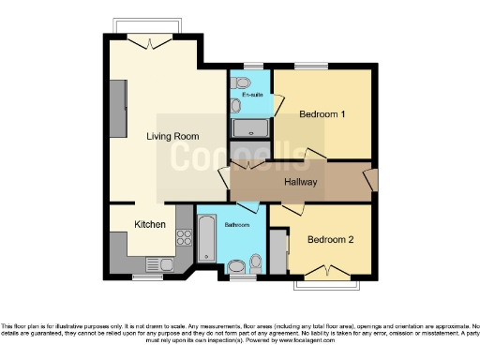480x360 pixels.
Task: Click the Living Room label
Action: point(172,136)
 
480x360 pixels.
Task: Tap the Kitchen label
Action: point(150,224)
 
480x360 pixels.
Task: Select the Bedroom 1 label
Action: point(322,113)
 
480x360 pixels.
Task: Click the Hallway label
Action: point(301,182)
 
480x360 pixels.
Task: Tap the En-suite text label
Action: point(251,96)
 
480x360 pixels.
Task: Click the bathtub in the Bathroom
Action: point(206,239)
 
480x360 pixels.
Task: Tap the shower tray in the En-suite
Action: point(250,128)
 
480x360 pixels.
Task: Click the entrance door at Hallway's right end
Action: point(372,179)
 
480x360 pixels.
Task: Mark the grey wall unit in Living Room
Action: point(118,108)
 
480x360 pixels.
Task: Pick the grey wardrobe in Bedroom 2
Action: point(278,250)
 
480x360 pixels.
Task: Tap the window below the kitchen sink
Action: point(146,277)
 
